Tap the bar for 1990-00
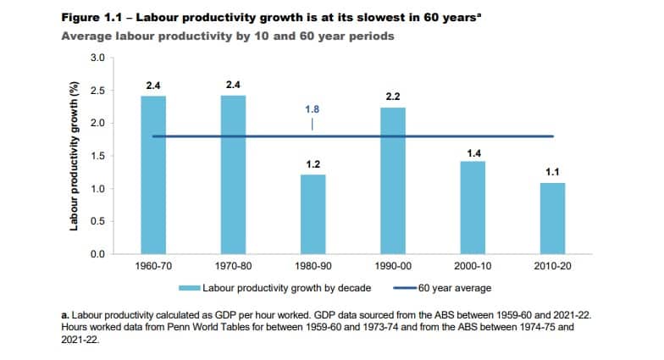[x=393, y=180]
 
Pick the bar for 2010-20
[x=552, y=218]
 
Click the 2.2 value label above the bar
[x=393, y=97]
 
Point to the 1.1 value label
[x=552, y=172]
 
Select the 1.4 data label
[x=473, y=152]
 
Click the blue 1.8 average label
[x=313, y=109]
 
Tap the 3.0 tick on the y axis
[x=97, y=58]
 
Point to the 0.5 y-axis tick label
[x=97, y=221]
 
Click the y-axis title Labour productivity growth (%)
[x=75, y=156]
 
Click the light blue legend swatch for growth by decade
[x=188, y=289]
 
